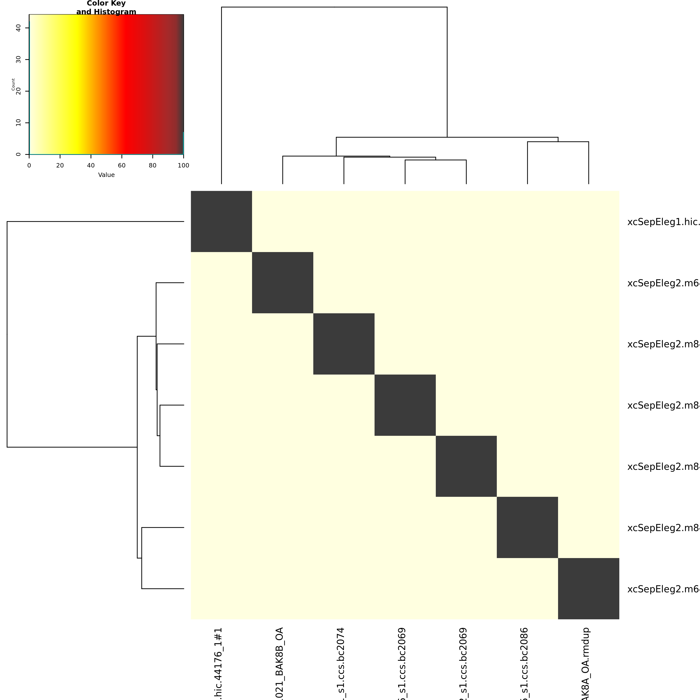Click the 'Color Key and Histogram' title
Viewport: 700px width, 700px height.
click(106, 8)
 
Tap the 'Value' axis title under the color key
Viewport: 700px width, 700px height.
click(106, 175)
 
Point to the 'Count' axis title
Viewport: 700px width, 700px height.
click(13, 84)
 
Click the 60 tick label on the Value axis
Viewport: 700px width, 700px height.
click(122, 166)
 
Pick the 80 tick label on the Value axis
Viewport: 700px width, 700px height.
click(153, 166)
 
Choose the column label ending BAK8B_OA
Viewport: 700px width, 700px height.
click(279, 663)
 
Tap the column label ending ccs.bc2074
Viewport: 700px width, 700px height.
click(341, 663)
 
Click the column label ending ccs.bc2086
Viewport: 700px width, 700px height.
click(524, 663)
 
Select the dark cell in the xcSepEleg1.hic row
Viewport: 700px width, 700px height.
click(221, 221)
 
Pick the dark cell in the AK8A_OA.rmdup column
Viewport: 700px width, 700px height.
click(588, 588)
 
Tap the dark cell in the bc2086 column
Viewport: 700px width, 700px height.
click(527, 527)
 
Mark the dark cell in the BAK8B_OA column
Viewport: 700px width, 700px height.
click(283, 283)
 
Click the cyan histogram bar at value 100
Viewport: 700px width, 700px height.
click(183, 143)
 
